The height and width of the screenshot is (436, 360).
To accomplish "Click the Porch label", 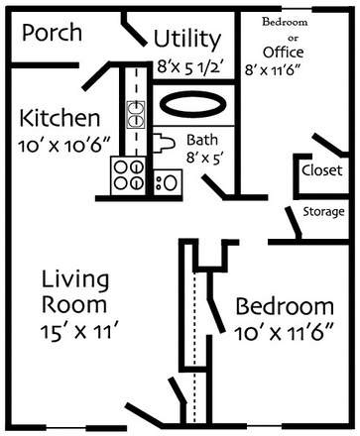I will [x=53, y=33].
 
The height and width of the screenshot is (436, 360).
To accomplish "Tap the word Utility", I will [x=186, y=40].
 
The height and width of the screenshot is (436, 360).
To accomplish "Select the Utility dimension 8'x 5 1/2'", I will [x=188, y=66].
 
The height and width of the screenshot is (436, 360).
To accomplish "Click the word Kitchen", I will [x=59, y=119].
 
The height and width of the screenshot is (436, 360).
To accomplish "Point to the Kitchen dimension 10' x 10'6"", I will [x=60, y=146].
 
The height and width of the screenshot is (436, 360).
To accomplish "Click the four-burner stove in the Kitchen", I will [x=129, y=175].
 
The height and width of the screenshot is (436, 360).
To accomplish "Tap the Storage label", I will [x=324, y=212].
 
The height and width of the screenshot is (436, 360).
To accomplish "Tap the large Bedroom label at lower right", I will [x=284, y=306].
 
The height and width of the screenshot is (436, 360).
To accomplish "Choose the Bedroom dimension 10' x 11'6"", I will [x=281, y=333].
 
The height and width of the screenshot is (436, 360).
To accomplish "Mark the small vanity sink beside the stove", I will [x=167, y=181].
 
